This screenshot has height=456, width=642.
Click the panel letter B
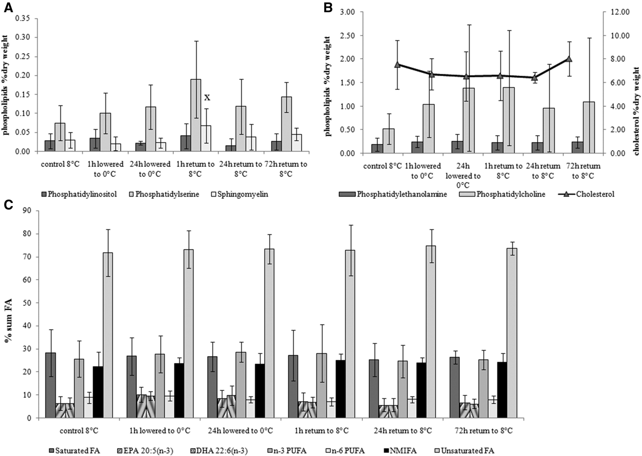tap(328, 7)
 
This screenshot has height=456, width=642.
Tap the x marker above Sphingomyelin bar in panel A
tap(207, 97)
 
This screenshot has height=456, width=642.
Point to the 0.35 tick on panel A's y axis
tap(24, 18)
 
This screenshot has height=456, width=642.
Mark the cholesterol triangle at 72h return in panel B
tap(569, 59)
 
